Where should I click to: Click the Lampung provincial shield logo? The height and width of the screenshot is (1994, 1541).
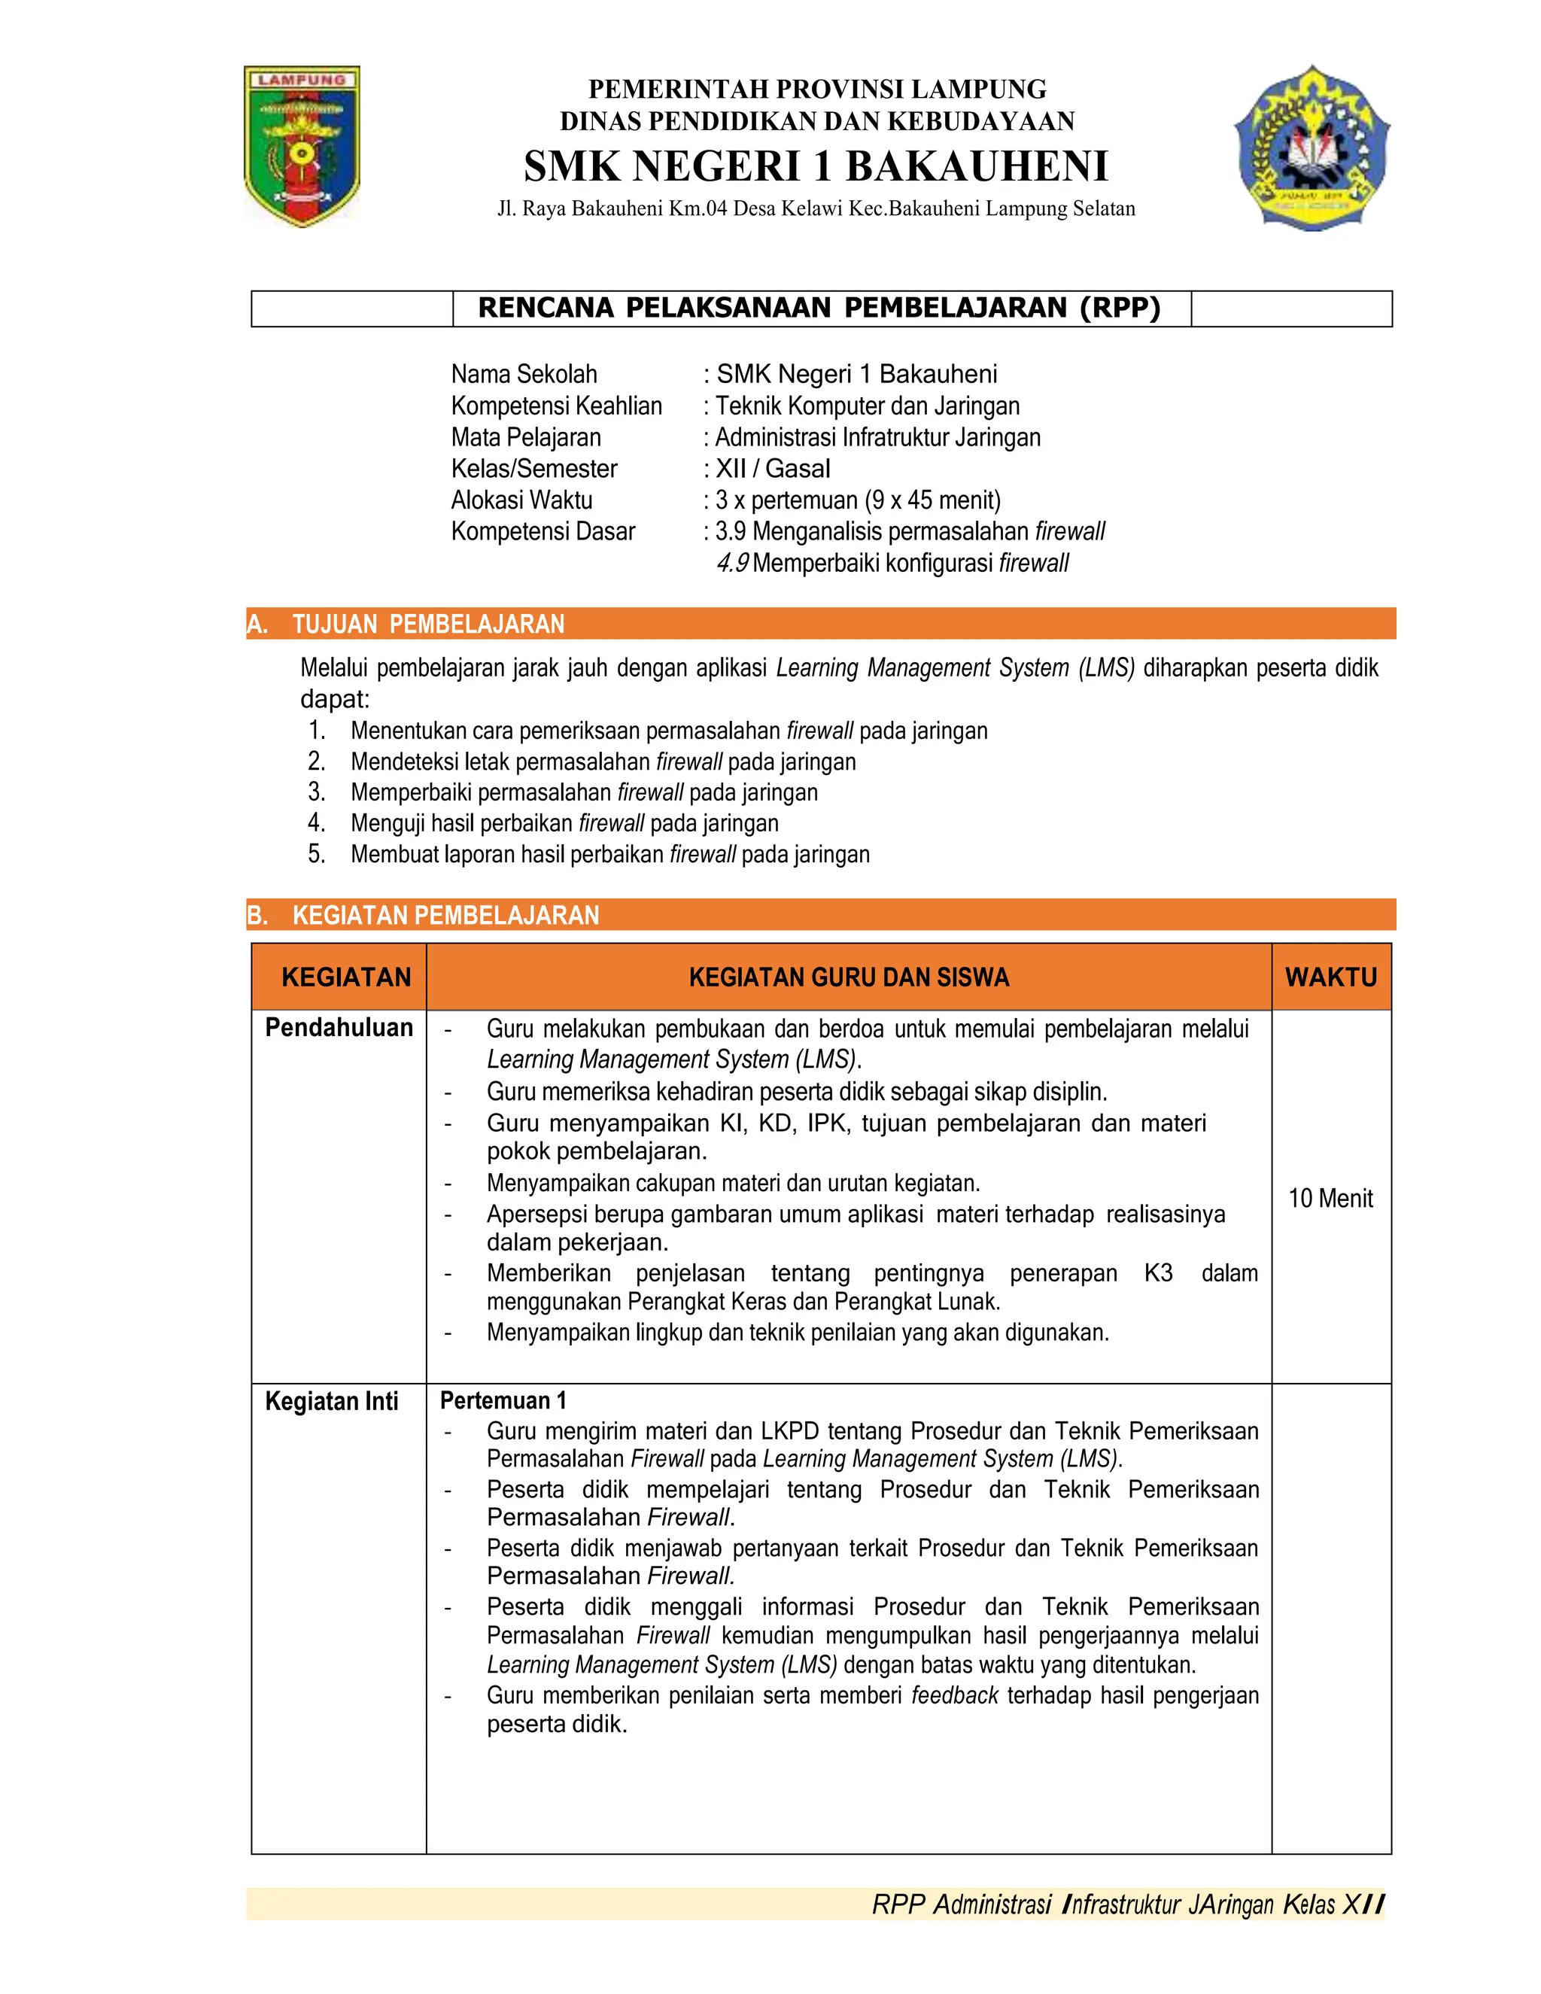[302, 146]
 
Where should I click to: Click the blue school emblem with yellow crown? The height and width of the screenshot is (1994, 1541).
[1312, 148]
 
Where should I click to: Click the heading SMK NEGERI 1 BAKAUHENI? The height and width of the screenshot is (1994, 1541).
[815, 166]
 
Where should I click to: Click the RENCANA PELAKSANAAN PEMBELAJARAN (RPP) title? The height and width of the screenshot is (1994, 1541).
[819, 308]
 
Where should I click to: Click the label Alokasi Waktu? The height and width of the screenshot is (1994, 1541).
[521, 500]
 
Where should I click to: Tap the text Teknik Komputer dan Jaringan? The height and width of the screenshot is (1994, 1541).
[868, 406]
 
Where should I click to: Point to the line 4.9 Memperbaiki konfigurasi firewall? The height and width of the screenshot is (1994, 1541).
[892, 564]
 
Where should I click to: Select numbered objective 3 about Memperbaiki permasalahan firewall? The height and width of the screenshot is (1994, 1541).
[583, 792]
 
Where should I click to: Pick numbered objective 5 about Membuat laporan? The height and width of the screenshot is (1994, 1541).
[609, 855]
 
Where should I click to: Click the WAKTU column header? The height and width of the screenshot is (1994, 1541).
[1330, 977]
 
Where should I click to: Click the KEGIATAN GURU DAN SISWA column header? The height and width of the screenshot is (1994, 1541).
[848, 977]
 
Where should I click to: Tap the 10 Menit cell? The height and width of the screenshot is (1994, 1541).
[1330, 1198]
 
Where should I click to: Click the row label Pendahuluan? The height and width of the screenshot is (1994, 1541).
[339, 1028]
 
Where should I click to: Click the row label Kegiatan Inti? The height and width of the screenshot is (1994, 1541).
[331, 1402]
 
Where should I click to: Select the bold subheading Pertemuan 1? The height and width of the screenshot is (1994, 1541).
[503, 1400]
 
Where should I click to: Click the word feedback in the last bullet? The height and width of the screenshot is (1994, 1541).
[954, 1696]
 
